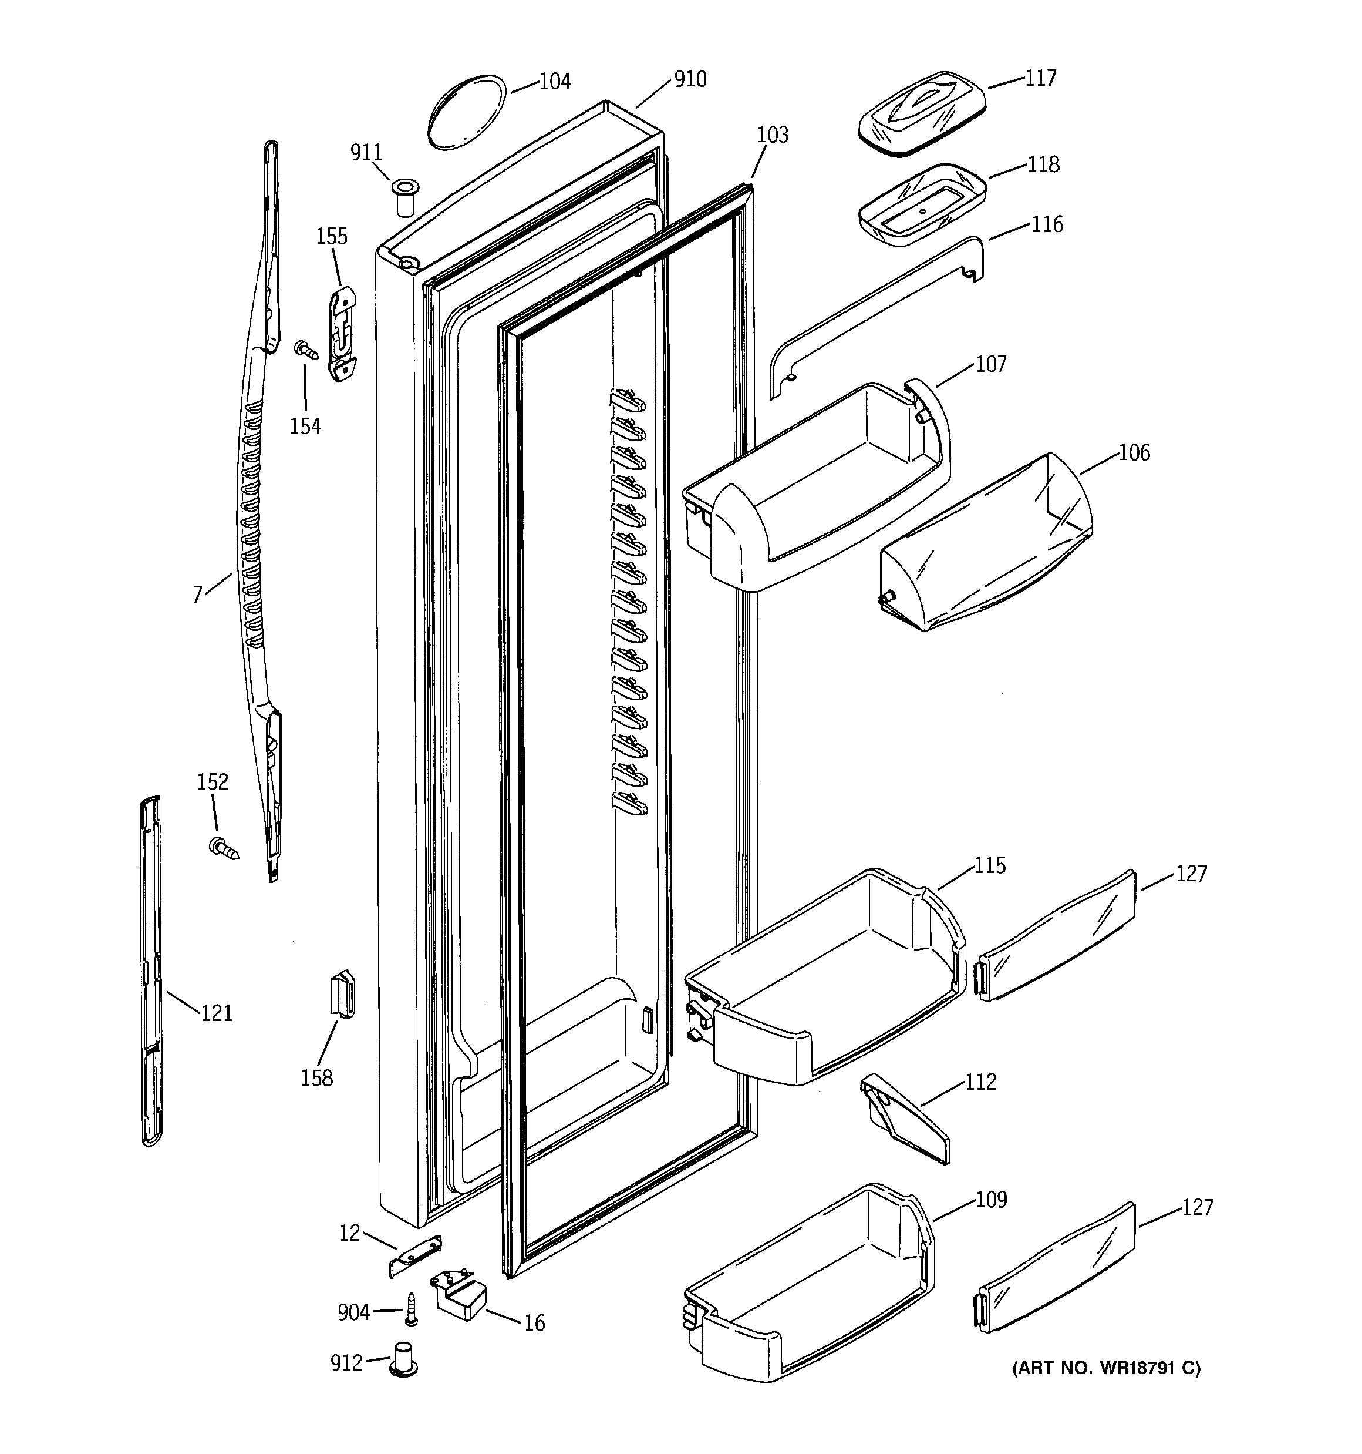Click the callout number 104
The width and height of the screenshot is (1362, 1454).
point(555,81)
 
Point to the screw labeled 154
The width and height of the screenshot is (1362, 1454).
point(307,350)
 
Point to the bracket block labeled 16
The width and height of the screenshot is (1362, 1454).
point(461,1296)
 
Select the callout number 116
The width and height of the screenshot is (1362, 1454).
point(1046,224)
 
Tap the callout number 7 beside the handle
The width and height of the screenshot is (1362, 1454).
point(197,595)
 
